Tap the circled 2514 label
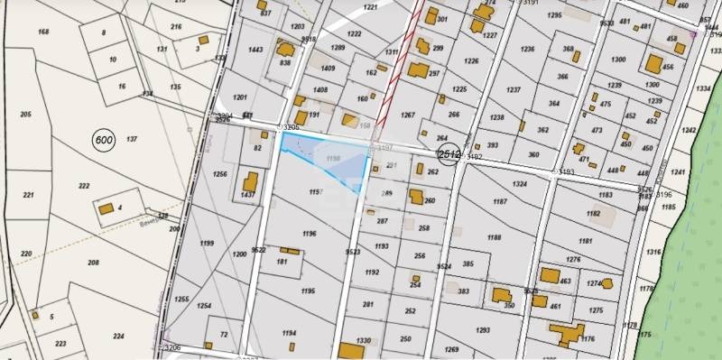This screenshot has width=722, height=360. tap(449, 154)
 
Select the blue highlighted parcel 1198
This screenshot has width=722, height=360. tap(330, 159)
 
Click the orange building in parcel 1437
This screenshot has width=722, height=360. tap(248, 183)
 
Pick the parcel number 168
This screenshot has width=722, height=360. tap(42, 32)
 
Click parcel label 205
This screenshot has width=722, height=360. tap(25, 114)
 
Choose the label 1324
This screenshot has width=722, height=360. tap(519, 185)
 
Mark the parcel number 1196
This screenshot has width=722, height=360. tap(310, 234)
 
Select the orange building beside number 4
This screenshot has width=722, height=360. tap(106, 208)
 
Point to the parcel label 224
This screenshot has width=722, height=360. tap(118, 336)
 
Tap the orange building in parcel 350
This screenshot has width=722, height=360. tap(499, 294)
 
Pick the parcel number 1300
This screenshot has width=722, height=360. tap(618, 60)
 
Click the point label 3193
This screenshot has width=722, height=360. tap(567, 171)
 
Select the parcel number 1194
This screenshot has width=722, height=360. tap(289, 334)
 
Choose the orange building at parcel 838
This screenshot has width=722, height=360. tap(286, 51)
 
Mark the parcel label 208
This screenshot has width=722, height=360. tap(93, 263)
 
